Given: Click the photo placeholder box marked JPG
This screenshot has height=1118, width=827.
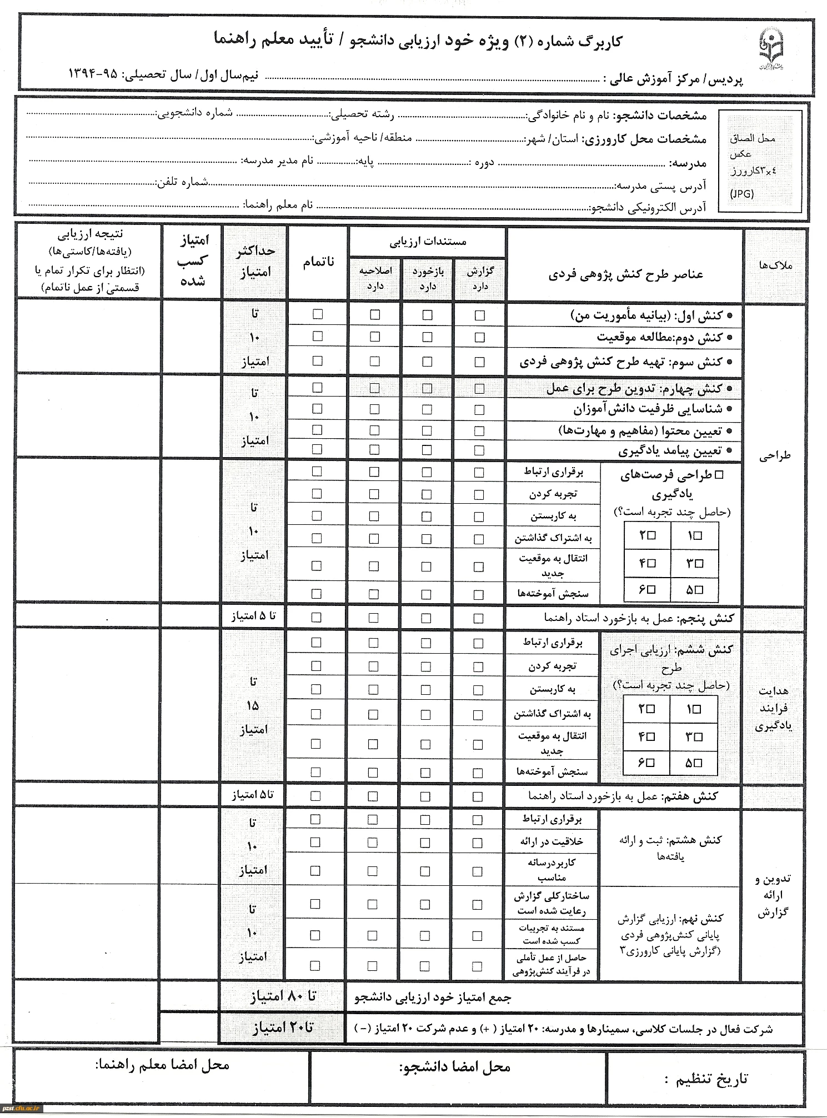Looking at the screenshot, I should pos(760,162).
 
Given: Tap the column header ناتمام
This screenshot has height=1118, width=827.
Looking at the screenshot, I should pos(318,262).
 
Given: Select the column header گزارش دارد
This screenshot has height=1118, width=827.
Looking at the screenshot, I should pos(480,278).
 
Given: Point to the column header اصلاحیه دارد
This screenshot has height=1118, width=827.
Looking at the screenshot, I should pos(375,278).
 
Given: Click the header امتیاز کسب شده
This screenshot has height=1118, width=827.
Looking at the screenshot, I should pos(192,260).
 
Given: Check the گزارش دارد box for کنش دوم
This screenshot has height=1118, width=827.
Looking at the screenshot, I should pos(480,338).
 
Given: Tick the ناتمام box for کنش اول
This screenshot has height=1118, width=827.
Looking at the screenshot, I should pos(318,314).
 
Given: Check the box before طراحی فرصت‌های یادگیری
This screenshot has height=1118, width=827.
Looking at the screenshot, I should pos(719,475).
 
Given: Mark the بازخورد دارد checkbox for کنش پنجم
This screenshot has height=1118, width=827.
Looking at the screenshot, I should pos(426,618).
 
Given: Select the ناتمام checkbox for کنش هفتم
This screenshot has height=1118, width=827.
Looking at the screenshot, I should pos(315,796).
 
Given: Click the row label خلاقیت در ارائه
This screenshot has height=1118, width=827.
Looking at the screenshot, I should pos(552,842).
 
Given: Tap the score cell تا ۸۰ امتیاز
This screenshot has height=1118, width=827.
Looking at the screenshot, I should pos(283,996).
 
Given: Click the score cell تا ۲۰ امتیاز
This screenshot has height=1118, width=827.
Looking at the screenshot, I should pos(283,1028).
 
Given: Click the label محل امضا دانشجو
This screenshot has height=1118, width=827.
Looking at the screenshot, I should pos(454,1067).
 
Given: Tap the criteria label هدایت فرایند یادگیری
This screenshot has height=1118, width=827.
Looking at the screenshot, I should pos(773,708).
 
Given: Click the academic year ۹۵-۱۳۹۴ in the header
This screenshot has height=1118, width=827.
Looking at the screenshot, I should pos(93,74).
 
